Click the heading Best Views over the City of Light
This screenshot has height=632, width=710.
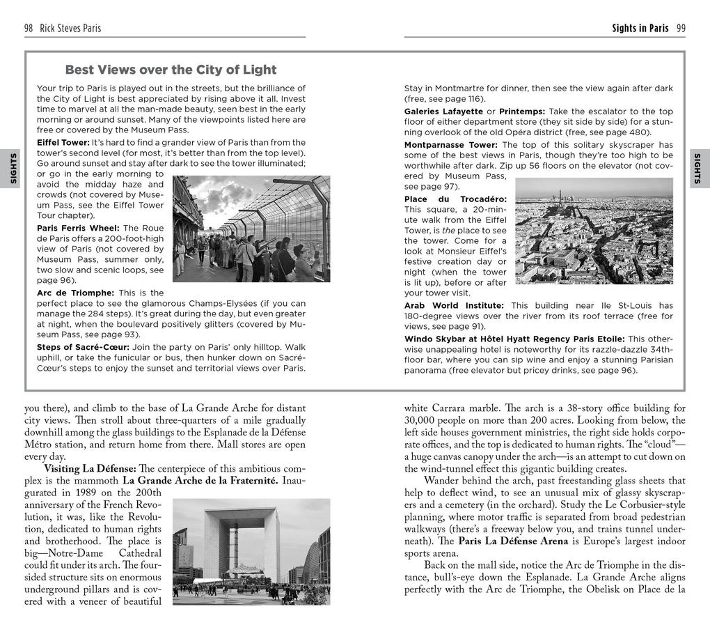(171, 70)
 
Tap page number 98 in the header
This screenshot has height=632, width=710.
(29, 29)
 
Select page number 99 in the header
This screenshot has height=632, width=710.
(681, 29)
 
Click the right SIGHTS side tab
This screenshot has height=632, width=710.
(698, 169)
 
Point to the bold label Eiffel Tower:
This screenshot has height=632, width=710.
(63, 142)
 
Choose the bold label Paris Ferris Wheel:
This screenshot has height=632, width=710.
(78, 228)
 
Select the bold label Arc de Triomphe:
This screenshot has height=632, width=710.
(75, 293)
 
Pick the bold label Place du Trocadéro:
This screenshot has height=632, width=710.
(455, 199)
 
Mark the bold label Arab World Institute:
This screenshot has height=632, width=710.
(454, 305)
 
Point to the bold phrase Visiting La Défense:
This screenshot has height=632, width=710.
(90, 469)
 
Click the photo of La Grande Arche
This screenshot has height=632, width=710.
(251, 551)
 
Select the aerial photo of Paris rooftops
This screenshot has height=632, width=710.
(594, 231)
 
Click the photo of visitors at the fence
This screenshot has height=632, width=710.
(251, 229)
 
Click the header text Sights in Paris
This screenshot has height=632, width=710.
(640, 29)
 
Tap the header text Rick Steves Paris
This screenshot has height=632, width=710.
(70, 29)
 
